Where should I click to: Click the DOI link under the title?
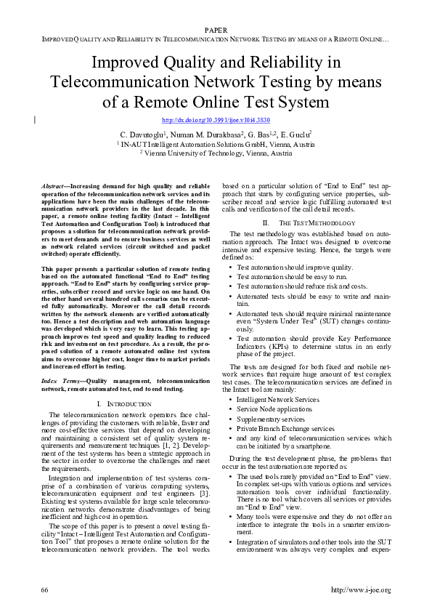(x=216, y=119)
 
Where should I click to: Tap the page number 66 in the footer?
(x=46, y=589)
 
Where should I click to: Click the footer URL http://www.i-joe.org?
(x=360, y=589)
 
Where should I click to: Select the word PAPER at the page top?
(x=216, y=30)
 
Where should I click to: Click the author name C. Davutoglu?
(x=142, y=134)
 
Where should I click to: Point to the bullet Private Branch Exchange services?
(x=285, y=429)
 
